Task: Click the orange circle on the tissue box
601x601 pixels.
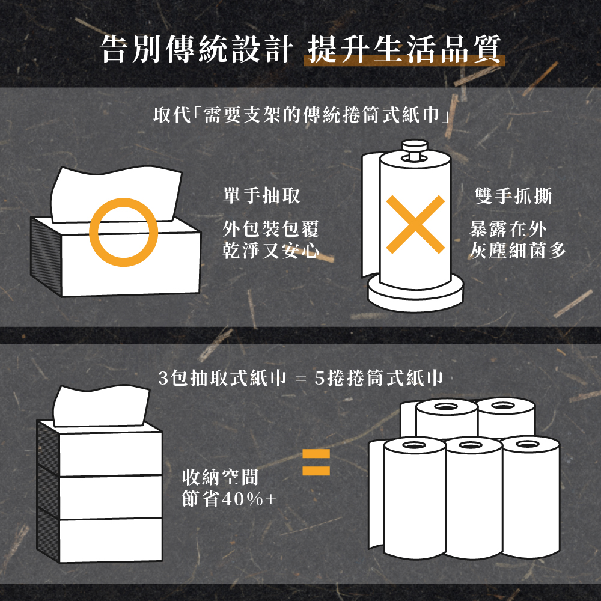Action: tap(124, 231)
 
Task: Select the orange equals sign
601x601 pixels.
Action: tap(316, 462)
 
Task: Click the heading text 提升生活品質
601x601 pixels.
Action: tap(403, 47)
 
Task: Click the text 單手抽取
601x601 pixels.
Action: tap(261, 195)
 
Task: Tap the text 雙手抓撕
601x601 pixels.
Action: tap(513, 195)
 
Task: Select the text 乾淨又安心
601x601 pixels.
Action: tap(270, 250)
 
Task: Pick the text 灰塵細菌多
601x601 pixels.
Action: tap(517, 250)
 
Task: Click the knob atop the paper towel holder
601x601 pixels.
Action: tap(413, 148)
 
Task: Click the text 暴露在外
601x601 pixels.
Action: tap(508, 229)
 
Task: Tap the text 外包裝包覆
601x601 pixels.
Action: tap(270, 229)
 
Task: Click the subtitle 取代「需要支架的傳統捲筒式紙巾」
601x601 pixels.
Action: tap(300, 114)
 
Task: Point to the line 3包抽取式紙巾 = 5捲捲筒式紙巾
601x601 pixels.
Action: tap(300, 378)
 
